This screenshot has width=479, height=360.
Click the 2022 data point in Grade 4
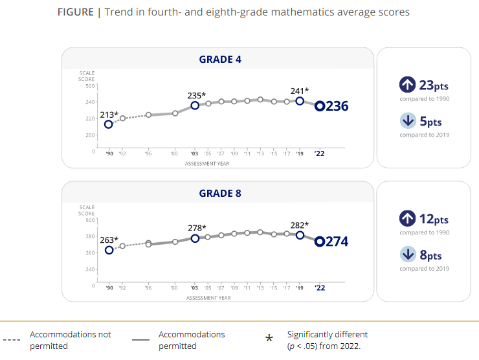point(320,106)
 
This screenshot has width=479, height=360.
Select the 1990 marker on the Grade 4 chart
point(109,124)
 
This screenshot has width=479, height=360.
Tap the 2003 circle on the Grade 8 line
point(195,238)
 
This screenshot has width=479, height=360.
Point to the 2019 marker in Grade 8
point(300,235)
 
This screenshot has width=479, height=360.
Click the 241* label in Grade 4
point(298,91)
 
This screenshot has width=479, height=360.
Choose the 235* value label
point(196,96)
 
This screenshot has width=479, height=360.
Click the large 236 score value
point(337,106)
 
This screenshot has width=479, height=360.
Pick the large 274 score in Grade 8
point(337,242)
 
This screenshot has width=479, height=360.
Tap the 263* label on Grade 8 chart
point(109,240)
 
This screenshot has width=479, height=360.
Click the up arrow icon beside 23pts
point(407,85)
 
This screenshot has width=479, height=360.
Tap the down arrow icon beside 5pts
point(407,120)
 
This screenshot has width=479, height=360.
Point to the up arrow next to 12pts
point(407,218)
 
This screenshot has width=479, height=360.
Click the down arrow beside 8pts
point(407,254)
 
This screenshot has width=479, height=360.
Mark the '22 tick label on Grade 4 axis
point(320,154)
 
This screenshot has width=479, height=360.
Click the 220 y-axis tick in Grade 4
point(89,118)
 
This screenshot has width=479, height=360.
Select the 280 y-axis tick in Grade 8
point(89,236)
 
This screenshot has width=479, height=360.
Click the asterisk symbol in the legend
point(269,339)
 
